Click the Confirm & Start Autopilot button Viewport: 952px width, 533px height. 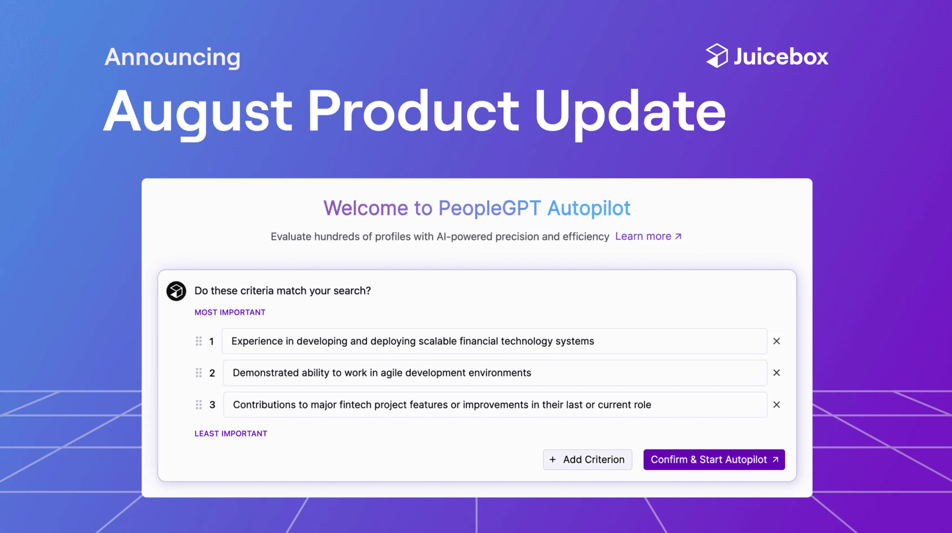pyautogui.click(x=714, y=459)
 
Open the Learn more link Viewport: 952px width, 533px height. pyautogui.click(x=648, y=236)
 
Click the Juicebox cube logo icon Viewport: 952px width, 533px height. pyautogui.click(x=717, y=56)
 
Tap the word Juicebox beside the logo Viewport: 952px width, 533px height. pyautogui.click(x=780, y=57)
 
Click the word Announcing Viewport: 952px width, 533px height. pyautogui.click(x=172, y=57)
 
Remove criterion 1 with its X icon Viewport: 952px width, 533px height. pyautogui.click(x=777, y=341)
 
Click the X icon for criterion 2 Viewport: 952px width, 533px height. pyautogui.click(x=777, y=373)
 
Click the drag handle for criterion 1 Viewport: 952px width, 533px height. pyautogui.click(x=199, y=341)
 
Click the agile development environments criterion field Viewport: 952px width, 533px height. pyautogui.click(x=495, y=373)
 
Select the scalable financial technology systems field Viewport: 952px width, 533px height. pyautogui.click(x=494, y=341)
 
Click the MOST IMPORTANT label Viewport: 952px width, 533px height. pyautogui.click(x=230, y=312)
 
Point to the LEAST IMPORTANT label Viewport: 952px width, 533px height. pyautogui.click(x=231, y=434)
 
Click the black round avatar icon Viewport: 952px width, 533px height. pyautogui.click(x=176, y=291)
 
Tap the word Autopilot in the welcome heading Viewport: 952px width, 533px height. pyautogui.click(x=588, y=208)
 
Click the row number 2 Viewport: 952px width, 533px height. pyautogui.click(x=212, y=373)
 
